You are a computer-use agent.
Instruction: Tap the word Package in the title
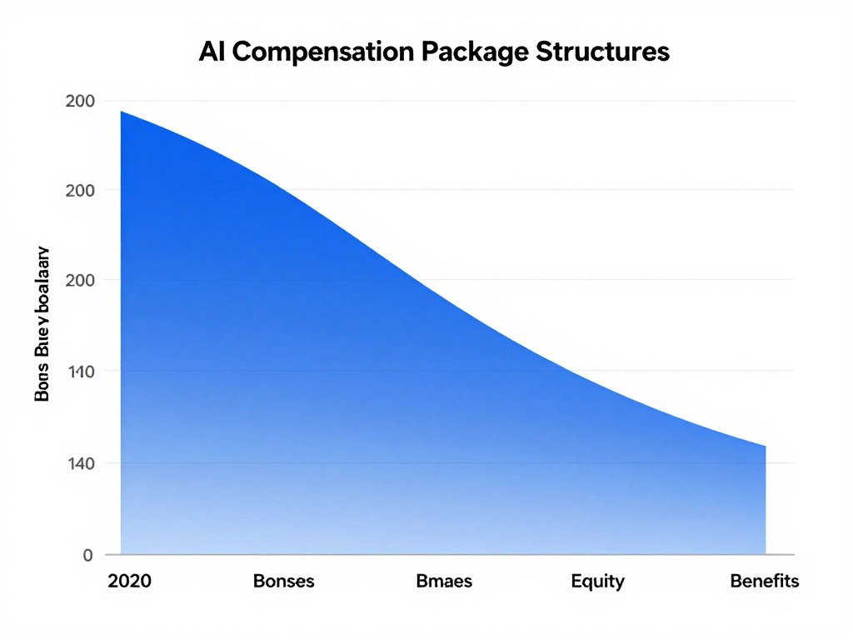tap(462, 52)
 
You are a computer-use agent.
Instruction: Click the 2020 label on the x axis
tap(129, 581)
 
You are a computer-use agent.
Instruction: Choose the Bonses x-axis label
tap(283, 581)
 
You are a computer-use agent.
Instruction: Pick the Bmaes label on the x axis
tap(443, 581)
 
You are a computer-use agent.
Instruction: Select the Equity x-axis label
tap(597, 581)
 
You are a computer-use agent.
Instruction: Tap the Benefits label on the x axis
tap(764, 581)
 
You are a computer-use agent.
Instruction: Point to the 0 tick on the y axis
tap(87, 555)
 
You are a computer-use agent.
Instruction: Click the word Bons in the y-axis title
tap(42, 384)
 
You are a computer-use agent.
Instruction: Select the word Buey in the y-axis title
tap(42, 341)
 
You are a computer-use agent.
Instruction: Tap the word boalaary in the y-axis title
tap(42, 283)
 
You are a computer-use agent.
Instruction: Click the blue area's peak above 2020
tap(122, 112)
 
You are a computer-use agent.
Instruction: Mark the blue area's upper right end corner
tap(765, 447)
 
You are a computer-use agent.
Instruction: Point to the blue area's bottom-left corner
tap(122, 553)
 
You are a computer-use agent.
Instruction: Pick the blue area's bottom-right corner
tap(765, 553)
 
